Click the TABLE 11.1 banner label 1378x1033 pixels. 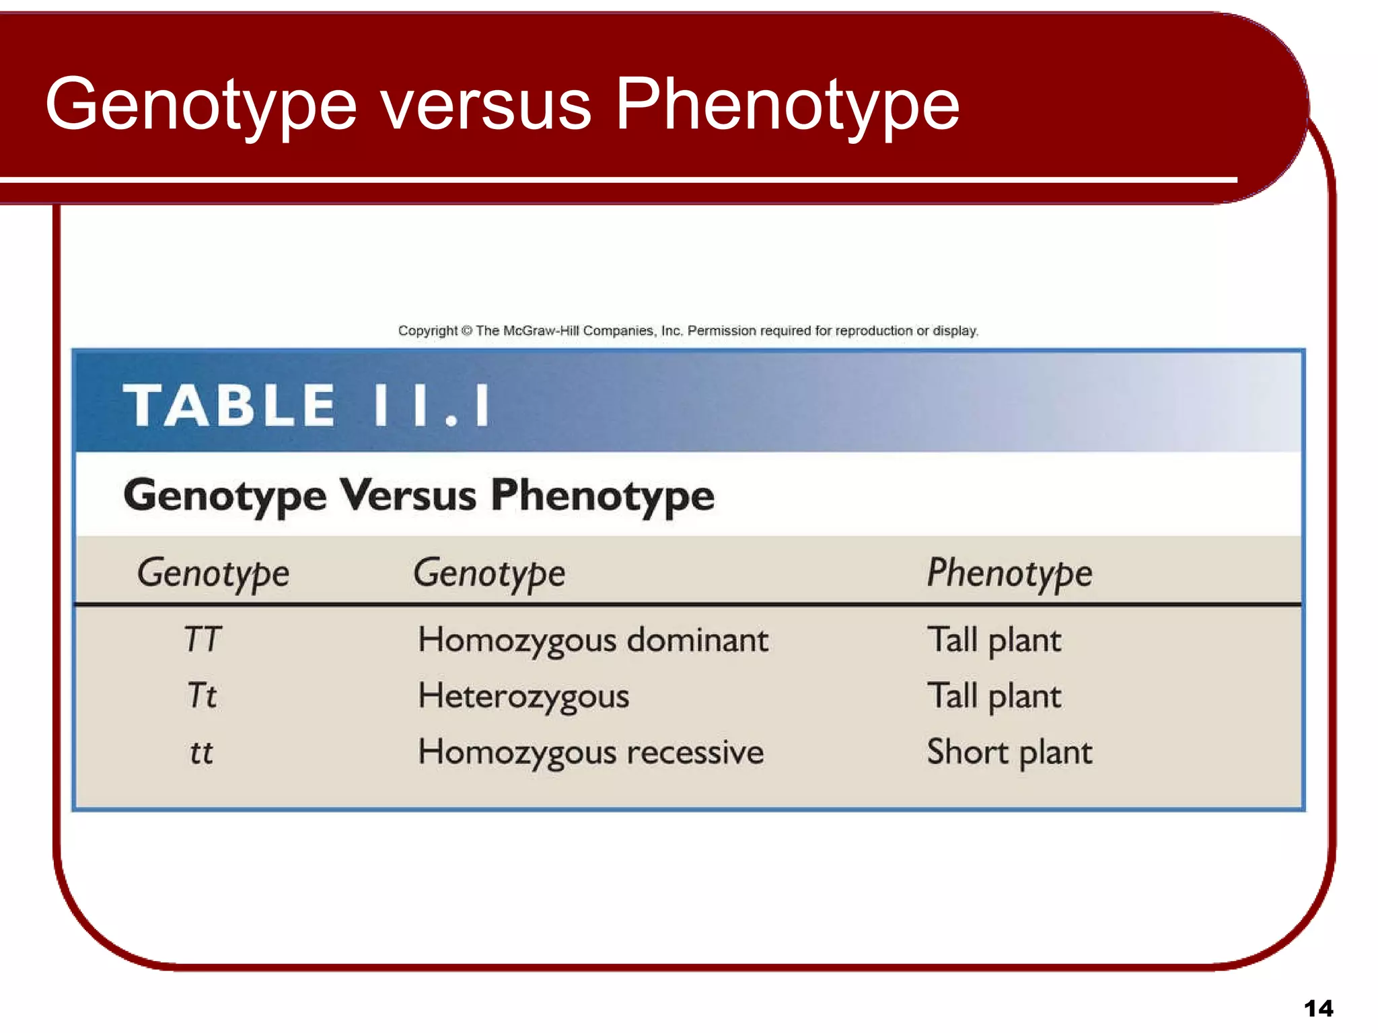pyautogui.click(x=307, y=406)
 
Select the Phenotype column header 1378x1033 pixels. pyautogui.click(x=1009, y=574)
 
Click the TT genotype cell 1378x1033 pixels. pyautogui.click(x=203, y=639)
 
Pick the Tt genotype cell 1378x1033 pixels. pyautogui.click(x=202, y=695)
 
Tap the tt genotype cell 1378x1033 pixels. pyautogui.click(x=201, y=752)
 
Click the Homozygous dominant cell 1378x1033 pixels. pyautogui.click(x=593, y=640)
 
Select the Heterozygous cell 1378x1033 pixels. pyautogui.click(x=523, y=696)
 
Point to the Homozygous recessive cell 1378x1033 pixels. pyautogui.click(x=591, y=753)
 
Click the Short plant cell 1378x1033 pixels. pyautogui.click(x=1009, y=753)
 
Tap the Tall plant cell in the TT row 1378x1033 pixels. pyautogui.click(x=994, y=640)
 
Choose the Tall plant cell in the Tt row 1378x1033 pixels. pyautogui.click(x=994, y=696)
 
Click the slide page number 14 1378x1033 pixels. pyautogui.click(x=1318, y=1008)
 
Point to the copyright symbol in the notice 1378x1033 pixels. pyautogui.click(x=467, y=331)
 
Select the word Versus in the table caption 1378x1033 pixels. pyautogui.click(x=408, y=496)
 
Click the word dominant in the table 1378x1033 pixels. pyautogui.click(x=697, y=640)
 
